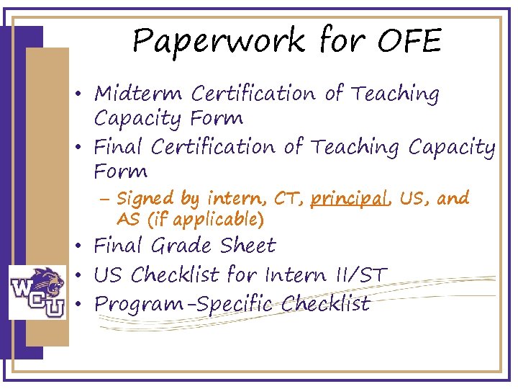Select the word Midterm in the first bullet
pos(140,94)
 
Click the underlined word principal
pos(348,198)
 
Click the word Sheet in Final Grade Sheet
pos(248,246)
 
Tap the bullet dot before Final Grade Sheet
pos(85,247)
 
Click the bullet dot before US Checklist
pos(85,276)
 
